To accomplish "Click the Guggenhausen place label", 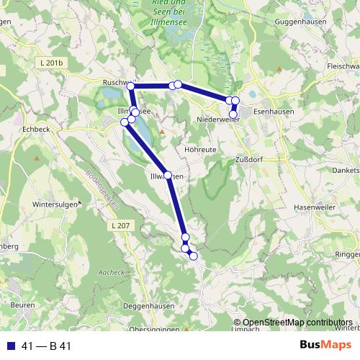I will point(300,22).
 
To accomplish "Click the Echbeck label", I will point(37,130).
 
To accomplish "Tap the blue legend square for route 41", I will point(9,346).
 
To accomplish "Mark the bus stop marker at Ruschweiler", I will point(130,86).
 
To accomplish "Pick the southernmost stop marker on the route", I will point(193,256).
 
